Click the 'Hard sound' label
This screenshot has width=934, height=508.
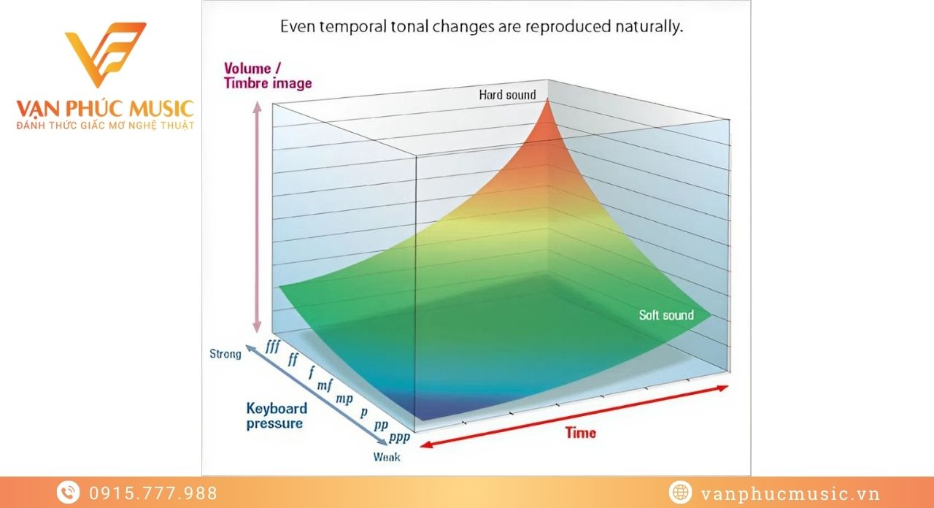[507, 95]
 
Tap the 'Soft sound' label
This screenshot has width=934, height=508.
[666, 315]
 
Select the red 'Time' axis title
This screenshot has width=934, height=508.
[580, 433]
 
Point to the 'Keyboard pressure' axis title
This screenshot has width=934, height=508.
[276, 416]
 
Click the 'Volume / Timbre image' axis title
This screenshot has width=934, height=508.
[268, 76]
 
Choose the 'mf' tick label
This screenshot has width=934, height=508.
[325, 385]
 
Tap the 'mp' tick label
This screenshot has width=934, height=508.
[344, 399]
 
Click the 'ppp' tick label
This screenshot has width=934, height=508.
[398, 438]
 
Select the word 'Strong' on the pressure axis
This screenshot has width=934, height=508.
[225, 354]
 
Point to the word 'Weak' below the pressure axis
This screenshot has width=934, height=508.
[386, 458]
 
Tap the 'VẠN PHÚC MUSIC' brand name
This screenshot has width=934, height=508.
[105, 109]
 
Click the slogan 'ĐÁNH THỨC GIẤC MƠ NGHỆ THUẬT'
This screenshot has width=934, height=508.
[105, 126]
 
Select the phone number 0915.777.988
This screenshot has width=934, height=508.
[153, 493]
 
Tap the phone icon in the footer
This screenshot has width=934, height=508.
[68, 493]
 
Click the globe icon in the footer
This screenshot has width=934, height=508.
[679, 493]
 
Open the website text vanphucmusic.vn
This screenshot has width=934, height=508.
[790, 493]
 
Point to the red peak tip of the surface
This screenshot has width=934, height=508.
[549, 100]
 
